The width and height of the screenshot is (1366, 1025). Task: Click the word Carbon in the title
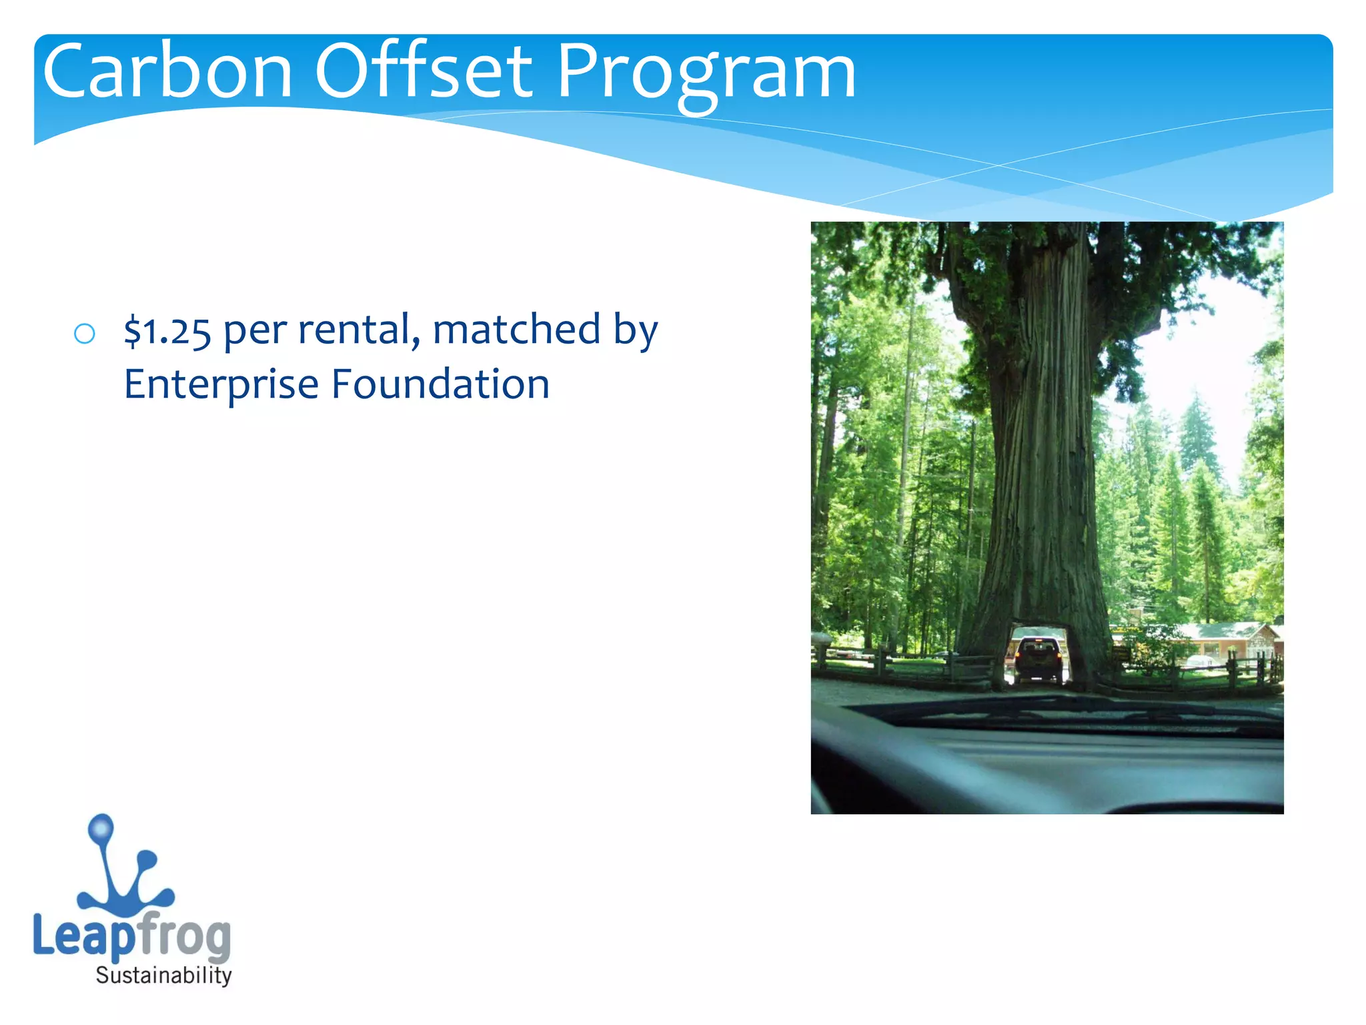point(167,72)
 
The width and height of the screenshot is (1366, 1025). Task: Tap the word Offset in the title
point(423,72)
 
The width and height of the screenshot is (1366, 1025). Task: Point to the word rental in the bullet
point(358,330)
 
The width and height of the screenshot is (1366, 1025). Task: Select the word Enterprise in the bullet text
point(221,385)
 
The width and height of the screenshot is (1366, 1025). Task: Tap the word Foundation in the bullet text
point(440,385)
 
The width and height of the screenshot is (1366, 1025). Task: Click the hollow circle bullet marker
point(85,334)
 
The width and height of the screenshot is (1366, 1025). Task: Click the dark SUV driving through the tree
point(1039,659)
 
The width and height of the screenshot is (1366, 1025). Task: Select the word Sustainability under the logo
point(164,976)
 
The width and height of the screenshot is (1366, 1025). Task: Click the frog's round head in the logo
point(101,828)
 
